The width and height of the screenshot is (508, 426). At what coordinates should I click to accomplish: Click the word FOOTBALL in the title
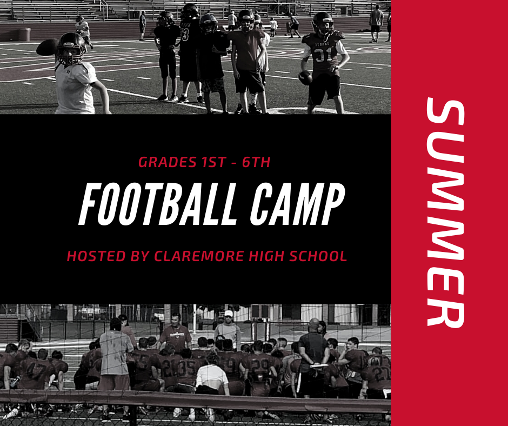(156, 204)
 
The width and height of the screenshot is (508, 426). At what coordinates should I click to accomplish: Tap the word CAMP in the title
(297, 204)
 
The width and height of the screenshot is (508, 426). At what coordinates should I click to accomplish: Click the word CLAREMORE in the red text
(199, 256)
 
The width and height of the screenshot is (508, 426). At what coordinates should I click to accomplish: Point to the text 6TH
(256, 162)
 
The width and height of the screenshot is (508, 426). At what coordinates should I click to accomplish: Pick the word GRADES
(168, 162)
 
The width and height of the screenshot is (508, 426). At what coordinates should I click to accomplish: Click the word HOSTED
(96, 256)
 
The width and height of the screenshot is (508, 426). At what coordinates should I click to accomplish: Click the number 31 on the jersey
(324, 56)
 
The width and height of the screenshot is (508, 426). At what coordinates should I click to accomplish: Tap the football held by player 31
(305, 78)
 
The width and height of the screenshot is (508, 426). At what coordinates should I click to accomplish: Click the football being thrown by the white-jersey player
(47, 48)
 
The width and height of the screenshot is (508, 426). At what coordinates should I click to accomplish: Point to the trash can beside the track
(24, 35)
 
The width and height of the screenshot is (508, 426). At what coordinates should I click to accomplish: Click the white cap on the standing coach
(229, 314)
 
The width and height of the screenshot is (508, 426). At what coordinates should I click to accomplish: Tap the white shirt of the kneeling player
(212, 376)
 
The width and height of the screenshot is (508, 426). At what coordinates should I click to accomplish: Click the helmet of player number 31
(323, 23)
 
